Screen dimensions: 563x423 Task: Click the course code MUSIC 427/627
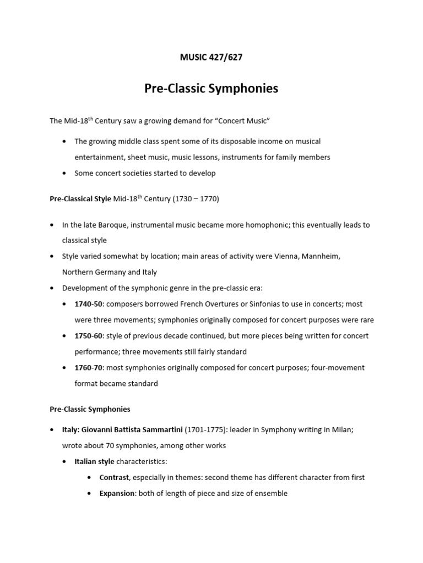211,57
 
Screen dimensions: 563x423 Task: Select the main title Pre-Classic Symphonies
211,89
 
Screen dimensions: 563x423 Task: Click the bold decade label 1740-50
87,304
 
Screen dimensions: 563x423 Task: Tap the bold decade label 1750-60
87,336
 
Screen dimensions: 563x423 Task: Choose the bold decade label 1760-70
87,367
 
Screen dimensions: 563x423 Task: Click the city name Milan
341,430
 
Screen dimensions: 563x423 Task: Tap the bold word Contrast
113,477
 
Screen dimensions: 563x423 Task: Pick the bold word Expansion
117,493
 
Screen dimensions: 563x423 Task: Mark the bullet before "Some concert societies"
65,173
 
